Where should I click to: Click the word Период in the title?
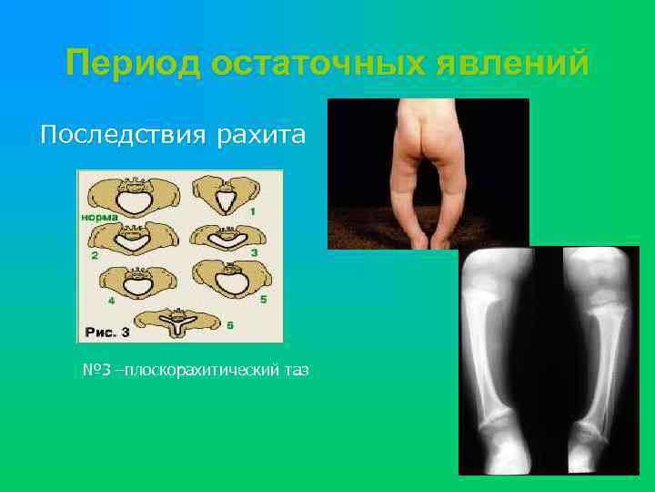[131, 64]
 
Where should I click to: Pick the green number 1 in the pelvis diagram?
[253, 211]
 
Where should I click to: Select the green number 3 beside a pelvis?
[254, 251]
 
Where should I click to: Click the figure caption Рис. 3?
[108, 332]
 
